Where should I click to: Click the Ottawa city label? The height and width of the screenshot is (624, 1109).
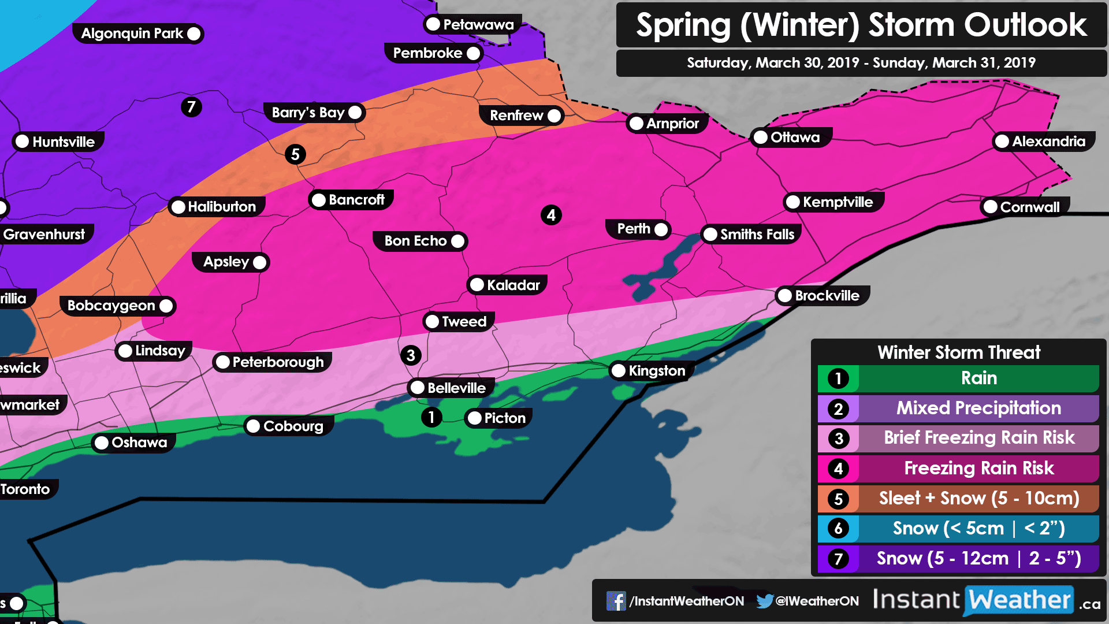pyautogui.click(x=794, y=138)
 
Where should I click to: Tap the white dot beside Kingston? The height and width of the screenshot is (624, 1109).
pyautogui.click(x=619, y=371)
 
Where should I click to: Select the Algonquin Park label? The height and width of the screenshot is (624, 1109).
pyautogui.click(x=132, y=34)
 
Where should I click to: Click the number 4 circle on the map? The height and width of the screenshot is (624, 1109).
pyautogui.click(x=551, y=215)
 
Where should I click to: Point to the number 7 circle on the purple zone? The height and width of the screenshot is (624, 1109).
pyautogui.click(x=191, y=107)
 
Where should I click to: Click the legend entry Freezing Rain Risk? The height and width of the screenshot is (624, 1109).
pyautogui.click(x=978, y=468)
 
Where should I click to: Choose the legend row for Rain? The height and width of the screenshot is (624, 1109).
pyautogui.click(x=978, y=378)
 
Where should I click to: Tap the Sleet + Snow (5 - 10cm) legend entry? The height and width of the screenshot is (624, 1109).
pyautogui.click(x=978, y=498)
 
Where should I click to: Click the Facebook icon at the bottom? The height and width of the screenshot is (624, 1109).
pyautogui.click(x=616, y=601)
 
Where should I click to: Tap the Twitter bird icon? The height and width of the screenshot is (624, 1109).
pyautogui.click(x=764, y=601)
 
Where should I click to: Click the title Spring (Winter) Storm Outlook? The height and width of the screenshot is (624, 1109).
pyautogui.click(x=861, y=25)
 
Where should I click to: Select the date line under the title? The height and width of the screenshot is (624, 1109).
pyautogui.click(x=861, y=62)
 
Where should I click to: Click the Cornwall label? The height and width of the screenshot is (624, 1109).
pyautogui.click(x=1029, y=207)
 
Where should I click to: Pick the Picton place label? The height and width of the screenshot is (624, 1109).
pyautogui.click(x=504, y=418)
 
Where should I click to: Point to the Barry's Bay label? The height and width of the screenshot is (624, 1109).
pyautogui.click(x=308, y=112)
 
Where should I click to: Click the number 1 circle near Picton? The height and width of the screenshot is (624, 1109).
pyautogui.click(x=431, y=417)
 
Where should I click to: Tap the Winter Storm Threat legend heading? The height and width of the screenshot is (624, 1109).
pyautogui.click(x=959, y=352)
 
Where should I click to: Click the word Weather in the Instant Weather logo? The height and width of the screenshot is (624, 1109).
pyautogui.click(x=1019, y=600)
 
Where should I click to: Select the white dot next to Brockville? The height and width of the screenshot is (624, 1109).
pyautogui.click(x=785, y=296)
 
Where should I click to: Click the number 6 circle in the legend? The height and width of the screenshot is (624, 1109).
pyautogui.click(x=838, y=528)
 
